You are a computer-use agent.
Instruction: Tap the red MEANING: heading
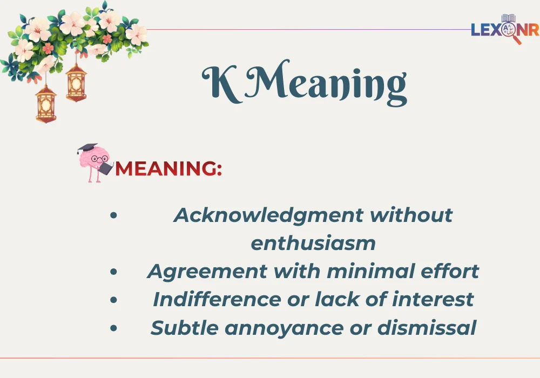pos(168,168)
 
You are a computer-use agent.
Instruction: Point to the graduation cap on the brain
pos(86,148)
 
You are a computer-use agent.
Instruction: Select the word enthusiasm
pos(313,243)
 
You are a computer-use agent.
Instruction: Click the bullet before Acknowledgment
pos(113,215)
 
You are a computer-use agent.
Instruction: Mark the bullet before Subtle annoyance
pos(113,327)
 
